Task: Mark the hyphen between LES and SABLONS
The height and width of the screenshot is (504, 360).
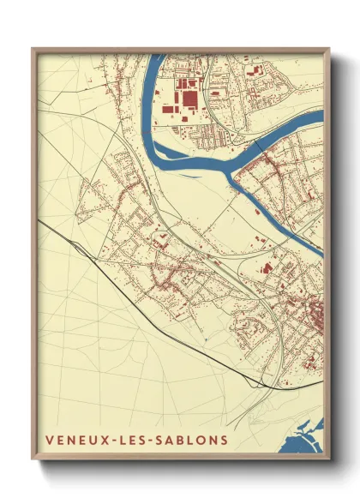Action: click(155, 441)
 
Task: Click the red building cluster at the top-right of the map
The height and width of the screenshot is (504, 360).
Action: click(257, 73)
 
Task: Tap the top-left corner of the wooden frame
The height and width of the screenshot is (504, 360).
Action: click(33, 49)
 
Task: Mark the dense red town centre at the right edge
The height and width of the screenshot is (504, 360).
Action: click(315, 313)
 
